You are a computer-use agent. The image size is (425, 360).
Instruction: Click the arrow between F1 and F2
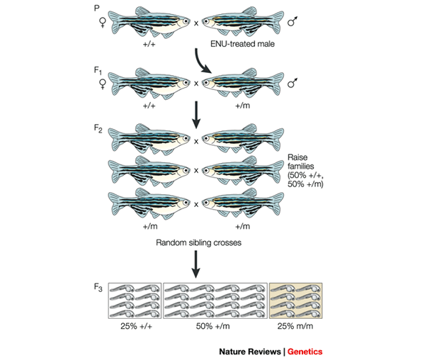coord(195,113)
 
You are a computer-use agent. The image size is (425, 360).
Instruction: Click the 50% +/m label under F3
coord(215,328)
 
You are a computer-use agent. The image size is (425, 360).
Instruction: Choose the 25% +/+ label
coord(134,328)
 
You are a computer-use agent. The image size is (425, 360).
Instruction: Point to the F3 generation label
coord(99,287)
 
